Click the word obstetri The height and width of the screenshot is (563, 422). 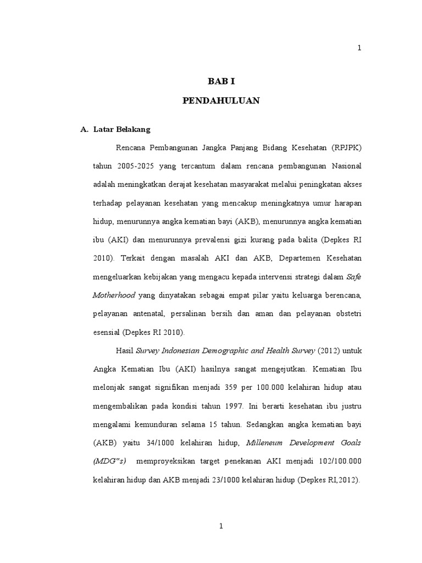click(x=345, y=313)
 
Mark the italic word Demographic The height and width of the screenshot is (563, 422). click(x=219, y=350)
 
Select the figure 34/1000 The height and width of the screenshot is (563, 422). click(x=150, y=443)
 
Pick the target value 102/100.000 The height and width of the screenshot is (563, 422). click(x=336, y=461)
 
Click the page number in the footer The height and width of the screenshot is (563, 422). click(x=221, y=526)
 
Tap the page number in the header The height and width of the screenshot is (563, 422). click(x=359, y=48)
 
